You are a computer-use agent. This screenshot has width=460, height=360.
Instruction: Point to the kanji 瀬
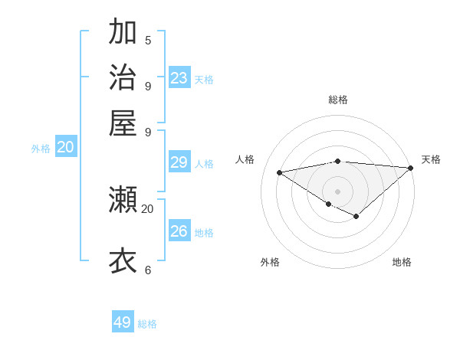(123, 201)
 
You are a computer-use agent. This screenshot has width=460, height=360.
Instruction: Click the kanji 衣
(123, 260)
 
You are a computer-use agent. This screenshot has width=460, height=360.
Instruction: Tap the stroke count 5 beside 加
(148, 41)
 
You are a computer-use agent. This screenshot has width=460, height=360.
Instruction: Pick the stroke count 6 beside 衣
(148, 270)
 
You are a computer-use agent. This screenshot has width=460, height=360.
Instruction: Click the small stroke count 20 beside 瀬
(148, 208)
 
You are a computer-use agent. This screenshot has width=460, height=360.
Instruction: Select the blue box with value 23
(179, 78)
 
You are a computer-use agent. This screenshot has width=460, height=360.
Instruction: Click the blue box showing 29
(179, 162)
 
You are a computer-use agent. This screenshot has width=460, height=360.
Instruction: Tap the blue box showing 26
(179, 231)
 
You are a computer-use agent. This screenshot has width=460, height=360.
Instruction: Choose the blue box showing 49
(123, 322)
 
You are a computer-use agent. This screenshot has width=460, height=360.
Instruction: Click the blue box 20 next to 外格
(66, 148)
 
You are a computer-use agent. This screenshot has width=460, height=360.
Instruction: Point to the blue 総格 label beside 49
(148, 324)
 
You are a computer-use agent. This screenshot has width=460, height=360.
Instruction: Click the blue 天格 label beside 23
(204, 80)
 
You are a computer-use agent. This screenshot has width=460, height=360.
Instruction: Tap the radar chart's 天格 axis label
(431, 159)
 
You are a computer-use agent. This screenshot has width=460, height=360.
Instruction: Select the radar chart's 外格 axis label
(270, 262)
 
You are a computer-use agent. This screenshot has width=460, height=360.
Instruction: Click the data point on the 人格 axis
(280, 172)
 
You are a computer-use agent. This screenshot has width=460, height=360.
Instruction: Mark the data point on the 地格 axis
(356, 217)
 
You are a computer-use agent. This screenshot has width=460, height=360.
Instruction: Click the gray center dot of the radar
(337, 191)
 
